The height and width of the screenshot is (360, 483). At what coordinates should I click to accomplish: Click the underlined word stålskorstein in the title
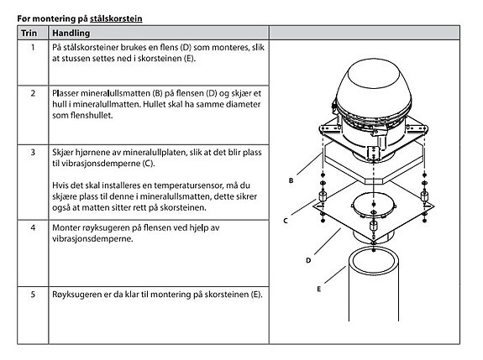coord(116,19)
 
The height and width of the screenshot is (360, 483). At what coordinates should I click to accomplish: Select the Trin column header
coord(29,33)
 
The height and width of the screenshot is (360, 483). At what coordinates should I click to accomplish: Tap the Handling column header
coord(71,33)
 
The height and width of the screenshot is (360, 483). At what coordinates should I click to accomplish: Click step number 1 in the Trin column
coord(33,47)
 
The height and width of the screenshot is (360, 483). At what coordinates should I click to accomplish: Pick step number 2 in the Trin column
coord(33,93)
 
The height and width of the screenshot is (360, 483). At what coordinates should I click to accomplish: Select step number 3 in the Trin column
coord(33,153)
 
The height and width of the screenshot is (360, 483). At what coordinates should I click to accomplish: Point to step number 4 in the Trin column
coord(33,227)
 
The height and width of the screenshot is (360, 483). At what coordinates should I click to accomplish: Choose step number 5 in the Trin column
coord(33,295)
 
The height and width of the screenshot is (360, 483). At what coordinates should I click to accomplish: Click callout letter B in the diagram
coord(291,180)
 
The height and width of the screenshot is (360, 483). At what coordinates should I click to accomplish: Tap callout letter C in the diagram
coord(286,221)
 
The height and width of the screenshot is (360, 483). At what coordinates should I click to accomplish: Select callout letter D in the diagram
coord(308,260)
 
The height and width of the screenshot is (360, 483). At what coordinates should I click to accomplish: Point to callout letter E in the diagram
coord(318,289)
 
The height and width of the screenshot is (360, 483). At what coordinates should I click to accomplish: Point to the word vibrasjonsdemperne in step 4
coord(92,239)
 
